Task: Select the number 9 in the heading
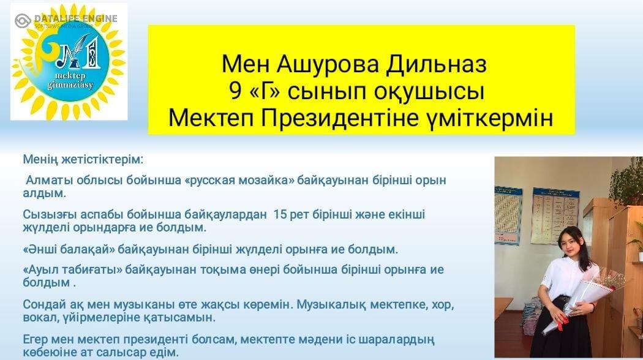pos(236,91)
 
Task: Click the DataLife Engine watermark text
pos(76,18)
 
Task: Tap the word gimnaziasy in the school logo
pos(70,86)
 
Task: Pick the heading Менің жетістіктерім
pos(83,159)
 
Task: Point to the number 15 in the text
pos(280,214)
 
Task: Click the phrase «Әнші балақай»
pos(69,249)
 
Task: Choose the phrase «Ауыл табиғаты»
pos(72,270)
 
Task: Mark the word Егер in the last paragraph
pos(36,340)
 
